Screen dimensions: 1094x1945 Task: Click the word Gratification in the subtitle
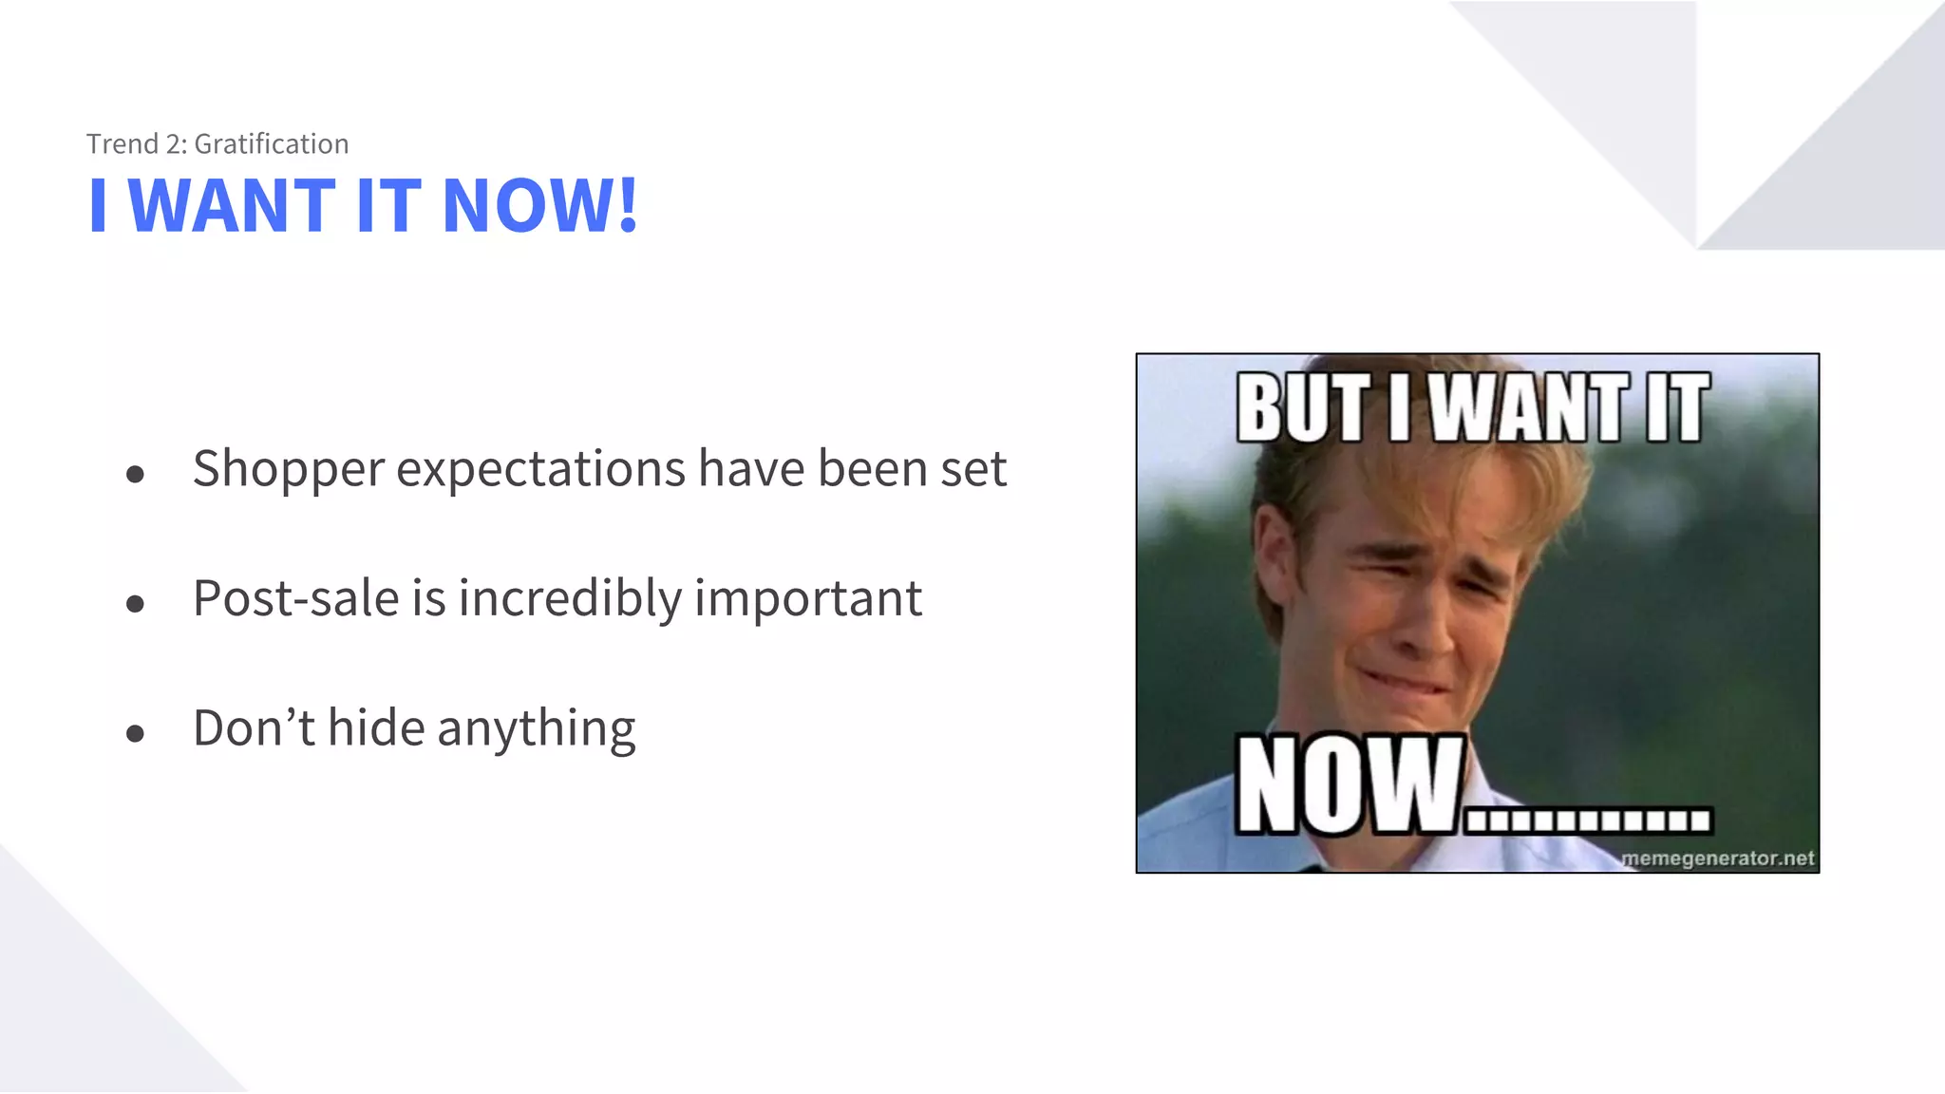click(272, 144)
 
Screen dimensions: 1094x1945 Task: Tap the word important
click(808, 598)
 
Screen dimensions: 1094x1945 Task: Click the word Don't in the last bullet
click(253, 728)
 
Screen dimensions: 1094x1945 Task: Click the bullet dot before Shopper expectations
click(135, 474)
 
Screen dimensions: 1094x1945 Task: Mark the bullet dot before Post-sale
click(135, 604)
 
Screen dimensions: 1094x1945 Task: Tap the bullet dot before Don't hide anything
click(135, 733)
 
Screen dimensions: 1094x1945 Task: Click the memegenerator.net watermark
click(1717, 858)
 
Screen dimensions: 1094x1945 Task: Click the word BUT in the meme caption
click(1304, 408)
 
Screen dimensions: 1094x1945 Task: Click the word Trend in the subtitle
click(122, 144)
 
